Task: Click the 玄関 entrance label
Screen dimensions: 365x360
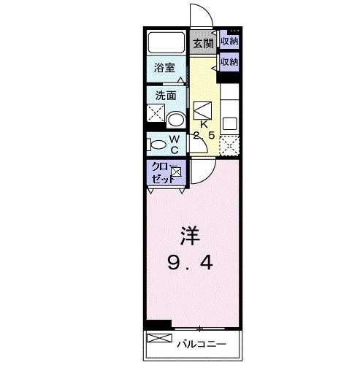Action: tap(203, 43)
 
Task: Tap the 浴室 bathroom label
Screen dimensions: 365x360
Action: tap(164, 68)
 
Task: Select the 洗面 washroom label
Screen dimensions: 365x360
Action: tap(164, 95)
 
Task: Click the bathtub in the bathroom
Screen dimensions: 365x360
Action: tap(167, 42)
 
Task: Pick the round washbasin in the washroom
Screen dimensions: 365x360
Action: tap(175, 119)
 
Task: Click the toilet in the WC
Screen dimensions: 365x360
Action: tap(156, 143)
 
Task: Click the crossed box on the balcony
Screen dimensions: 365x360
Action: tap(158, 339)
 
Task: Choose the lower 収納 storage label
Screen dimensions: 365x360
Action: tap(229, 61)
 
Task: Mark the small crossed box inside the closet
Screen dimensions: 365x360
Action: tap(176, 172)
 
